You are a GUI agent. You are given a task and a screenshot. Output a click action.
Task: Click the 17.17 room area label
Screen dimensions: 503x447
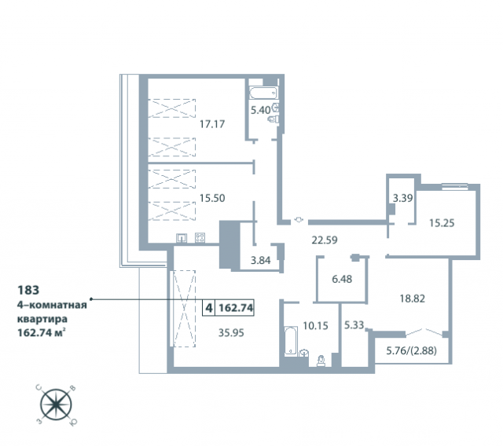[x=212, y=124]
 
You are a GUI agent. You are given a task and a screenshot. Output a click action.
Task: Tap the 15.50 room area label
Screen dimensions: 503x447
[x=212, y=198]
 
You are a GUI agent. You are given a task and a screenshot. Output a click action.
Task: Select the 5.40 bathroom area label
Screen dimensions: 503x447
[x=260, y=110]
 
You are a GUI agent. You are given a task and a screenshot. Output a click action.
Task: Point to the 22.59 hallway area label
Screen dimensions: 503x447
[x=325, y=240]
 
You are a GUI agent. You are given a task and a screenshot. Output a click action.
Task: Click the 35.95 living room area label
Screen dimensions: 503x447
[x=231, y=333]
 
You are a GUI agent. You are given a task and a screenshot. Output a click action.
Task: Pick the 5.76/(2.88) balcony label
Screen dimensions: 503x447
[x=411, y=350]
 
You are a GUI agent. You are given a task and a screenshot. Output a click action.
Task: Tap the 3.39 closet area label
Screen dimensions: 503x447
[x=403, y=198]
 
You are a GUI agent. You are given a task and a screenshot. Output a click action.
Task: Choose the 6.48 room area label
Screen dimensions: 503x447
[x=342, y=279]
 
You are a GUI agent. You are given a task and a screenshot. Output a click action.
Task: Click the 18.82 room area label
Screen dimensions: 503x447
[x=412, y=299]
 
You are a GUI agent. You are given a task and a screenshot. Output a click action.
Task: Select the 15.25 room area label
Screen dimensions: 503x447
[x=442, y=223]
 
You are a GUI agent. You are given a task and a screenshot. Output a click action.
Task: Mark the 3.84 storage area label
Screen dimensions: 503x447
[x=260, y=260]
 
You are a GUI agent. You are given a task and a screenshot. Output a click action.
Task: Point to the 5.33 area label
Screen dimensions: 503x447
[x=354, y=325]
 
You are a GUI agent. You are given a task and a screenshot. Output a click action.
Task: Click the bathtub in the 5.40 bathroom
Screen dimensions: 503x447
[x=263, y=93]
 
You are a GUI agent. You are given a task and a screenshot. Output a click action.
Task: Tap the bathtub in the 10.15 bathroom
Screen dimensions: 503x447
[x=291, y=341]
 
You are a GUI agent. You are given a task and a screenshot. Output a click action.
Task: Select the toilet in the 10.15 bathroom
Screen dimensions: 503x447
[x=321, y=361]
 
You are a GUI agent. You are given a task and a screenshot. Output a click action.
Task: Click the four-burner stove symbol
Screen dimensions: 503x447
[x=200, y=237]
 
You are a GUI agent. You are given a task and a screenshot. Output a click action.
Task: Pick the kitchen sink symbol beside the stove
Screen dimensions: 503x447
[x=182, y=238]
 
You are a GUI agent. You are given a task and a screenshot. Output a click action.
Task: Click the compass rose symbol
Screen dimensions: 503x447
[x=56, y=405]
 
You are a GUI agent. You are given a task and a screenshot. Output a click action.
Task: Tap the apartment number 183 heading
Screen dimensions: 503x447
[x=28, y=290]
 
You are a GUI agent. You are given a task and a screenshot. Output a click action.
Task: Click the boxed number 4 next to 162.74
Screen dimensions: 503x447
[x=209, y=308]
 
